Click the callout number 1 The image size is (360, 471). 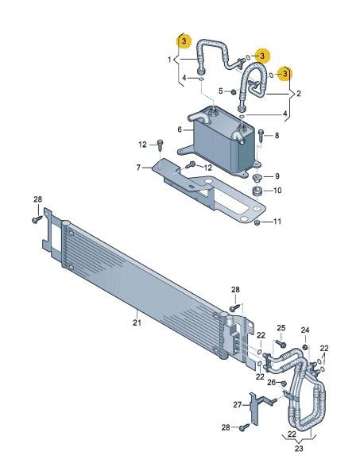pos(169,60)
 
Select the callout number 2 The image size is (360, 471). pos(299,93)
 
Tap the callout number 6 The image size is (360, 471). pos(180,129)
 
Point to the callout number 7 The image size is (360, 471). pos(138,168)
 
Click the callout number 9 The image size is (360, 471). pos(277,176)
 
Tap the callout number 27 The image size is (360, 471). pos(237,403)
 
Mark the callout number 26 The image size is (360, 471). pos(269,383)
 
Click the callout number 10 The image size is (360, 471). pos(278,191)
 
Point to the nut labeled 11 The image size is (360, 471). pos(258,222)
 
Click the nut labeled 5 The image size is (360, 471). pos(233,92)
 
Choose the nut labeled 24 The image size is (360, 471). pos(305,349)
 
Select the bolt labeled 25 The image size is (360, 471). pos(282,345)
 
